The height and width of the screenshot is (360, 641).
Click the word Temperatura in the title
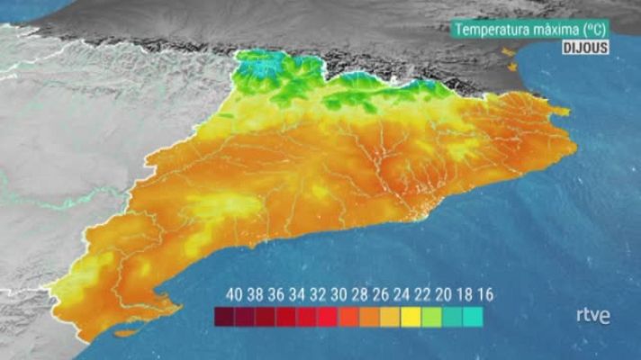(492, 29)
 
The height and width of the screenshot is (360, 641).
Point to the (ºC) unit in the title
(594, 29)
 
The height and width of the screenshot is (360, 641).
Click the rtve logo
(592, 316)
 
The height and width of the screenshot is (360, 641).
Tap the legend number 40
(234, 294)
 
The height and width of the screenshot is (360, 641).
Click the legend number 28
(359, 294)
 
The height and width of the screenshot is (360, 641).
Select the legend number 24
(401, 294)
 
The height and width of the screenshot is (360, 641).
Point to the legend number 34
(296, 294)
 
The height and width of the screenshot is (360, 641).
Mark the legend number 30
(339, 294)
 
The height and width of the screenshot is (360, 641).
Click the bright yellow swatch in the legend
(411, 317)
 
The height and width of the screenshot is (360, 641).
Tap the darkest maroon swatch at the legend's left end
(224, 317)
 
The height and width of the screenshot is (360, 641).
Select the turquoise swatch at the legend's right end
(473, 317)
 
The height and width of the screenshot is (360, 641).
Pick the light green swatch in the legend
(431, 317)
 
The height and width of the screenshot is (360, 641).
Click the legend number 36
(275, 294)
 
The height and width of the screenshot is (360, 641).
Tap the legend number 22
(421, 294)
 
